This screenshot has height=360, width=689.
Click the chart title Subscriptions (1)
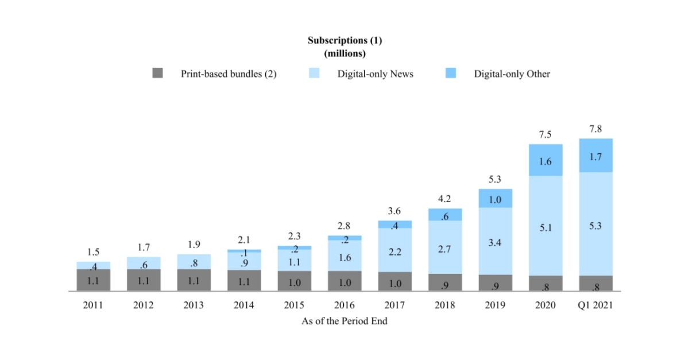click(344, 40)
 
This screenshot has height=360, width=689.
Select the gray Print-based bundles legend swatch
click(158, 73)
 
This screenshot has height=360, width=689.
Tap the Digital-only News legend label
click(375, 73)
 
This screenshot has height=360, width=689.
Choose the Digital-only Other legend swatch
click(451, 73)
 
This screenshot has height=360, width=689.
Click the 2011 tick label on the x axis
click(93, 305)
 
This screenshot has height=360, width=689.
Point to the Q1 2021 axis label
click(595, 305)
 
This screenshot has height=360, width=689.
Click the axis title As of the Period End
click(344, 321)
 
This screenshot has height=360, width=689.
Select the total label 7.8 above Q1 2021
click(595, 129)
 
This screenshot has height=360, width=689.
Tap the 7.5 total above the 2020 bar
click(545, 134)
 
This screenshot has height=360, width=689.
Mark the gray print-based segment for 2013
click(193, 280)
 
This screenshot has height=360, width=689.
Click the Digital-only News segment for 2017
click(394, 250)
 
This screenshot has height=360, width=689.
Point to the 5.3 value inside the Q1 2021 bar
click(595, 226)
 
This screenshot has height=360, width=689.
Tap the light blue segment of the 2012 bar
click(144, 264)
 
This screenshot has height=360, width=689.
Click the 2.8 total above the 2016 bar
click(344, 226)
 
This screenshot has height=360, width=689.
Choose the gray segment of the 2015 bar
click(294, 281)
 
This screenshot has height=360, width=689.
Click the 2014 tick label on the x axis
click(243, 305)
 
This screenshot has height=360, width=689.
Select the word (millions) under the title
click(344, 53)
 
